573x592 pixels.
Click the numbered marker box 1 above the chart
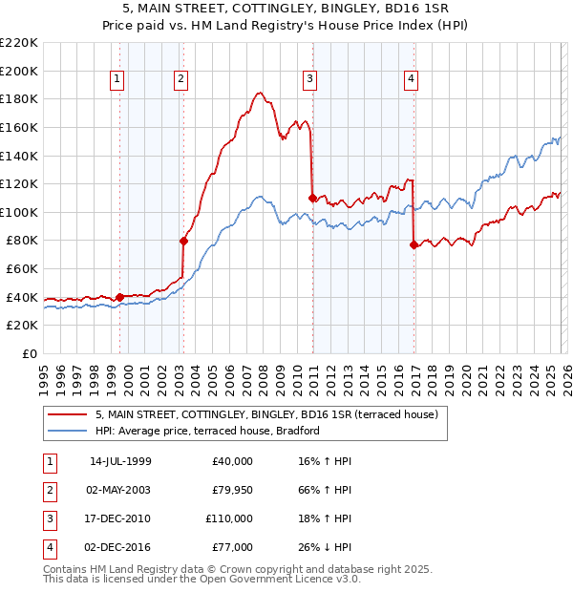[x=117, y=79]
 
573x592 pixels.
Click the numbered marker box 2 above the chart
[x=180, y=79]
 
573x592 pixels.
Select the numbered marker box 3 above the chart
[x=310, y=79]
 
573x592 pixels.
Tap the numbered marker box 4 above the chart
[x=411, y=79]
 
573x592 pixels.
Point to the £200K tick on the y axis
[x=19, y=71]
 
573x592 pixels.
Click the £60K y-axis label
[x=22, y=269]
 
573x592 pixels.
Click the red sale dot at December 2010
[x=312, y=198]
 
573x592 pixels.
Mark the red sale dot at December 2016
[x=414, y=245]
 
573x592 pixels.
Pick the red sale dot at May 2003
[x=183, y=241]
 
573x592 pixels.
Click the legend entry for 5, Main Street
[x=265, y=414]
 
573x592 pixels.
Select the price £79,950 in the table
[x=232, y=490]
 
